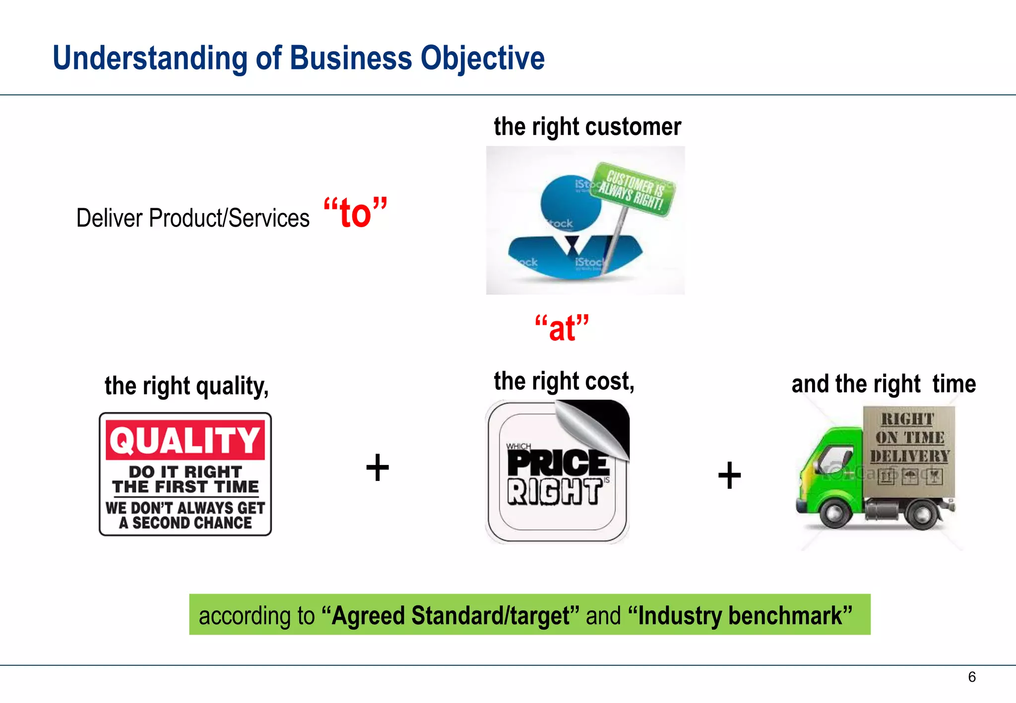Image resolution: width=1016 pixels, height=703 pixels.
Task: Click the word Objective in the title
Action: coord(482,59)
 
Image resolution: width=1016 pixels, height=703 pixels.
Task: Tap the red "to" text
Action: coord(355,213)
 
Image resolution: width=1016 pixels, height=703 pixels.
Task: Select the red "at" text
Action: coord(562,328)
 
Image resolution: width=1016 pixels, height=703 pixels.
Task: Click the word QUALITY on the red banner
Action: coord(185,440)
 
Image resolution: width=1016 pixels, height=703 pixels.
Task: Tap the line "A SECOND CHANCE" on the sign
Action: coord(185,523)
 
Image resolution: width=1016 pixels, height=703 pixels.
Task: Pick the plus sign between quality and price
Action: coord(378,468)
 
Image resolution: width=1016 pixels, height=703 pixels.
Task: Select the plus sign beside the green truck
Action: coord(729,475)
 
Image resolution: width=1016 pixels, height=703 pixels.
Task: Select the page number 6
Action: coord(972,677)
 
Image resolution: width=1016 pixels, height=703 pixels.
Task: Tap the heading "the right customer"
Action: coord(587,127)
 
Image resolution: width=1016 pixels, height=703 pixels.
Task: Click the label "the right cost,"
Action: coord(564,381)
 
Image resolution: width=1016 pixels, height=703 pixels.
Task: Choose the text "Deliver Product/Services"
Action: coord(192,218)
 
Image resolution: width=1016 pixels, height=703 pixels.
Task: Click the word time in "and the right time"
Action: coord(953,384)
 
